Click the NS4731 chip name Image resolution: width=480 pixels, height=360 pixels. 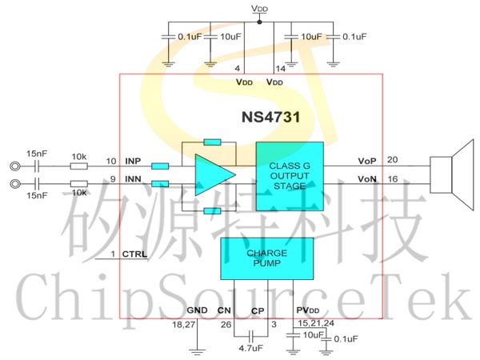[x=271, y=117]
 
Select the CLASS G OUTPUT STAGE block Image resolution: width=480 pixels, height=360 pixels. [x=290, y=176]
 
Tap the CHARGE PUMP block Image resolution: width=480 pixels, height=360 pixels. [x=267, y=258]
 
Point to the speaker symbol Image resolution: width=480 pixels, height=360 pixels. [x=452, y=174]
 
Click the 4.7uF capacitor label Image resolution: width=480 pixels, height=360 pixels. [x=250, y=348]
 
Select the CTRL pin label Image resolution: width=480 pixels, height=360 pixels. [x=134, y=254]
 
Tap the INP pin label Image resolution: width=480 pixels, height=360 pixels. [x=133, y=161]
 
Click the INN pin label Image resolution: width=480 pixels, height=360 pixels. [x=133, y=178]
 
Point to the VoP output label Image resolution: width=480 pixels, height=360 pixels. [x=367, y=161]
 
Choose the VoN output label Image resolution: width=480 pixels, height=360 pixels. [x=367, y=178]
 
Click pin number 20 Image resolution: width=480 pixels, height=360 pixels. [x=393, y=160]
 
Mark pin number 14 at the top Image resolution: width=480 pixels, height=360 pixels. [x=281, y=69]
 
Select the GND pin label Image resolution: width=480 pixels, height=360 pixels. [x=197, y=310]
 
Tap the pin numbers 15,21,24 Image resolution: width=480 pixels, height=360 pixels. [x=316, y=323]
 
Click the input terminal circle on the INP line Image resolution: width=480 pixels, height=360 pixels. [x=15, y=166]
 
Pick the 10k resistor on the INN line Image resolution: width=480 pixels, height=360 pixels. [x=79, y=184]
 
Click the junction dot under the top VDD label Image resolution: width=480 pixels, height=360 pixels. [x=259, y=22]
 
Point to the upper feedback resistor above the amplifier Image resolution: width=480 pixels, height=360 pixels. [x=212, y=142]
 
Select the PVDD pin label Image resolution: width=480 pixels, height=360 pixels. [x=308, y=310]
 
